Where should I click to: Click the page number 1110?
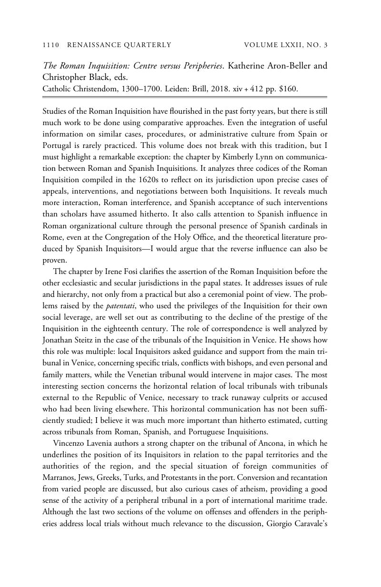pyautogui.click(x=50, y=45)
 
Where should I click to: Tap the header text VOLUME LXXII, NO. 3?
pyautogui.click(x=286, y=45)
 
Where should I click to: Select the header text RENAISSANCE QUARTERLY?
pyautogui.click(x=119, y=45)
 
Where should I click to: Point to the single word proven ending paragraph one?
pyautogui.click(x=55, y=260)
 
